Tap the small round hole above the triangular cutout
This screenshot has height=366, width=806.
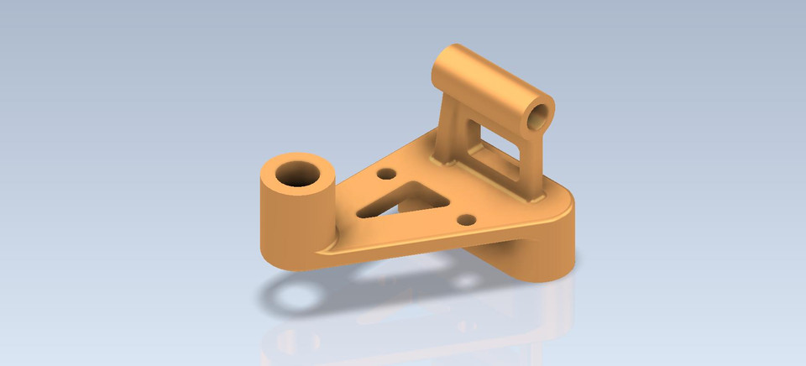387,174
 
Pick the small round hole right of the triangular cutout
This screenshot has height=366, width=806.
467,220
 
